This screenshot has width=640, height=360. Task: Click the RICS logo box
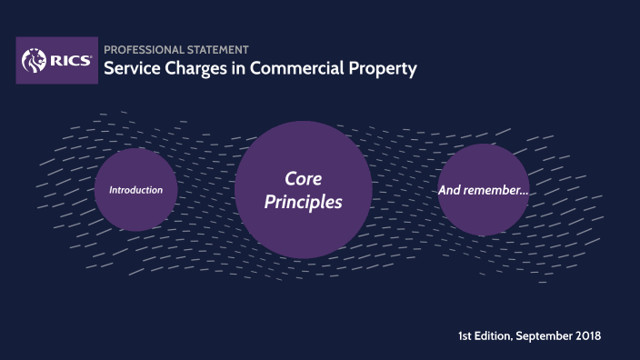coord(56,60)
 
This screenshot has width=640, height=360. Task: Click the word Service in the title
coord(126,68)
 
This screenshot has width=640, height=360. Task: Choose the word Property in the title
coord(380,68)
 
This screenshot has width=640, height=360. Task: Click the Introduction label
coord(135,190)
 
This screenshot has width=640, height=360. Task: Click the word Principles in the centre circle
coord(303,202)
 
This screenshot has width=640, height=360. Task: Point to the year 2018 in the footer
coord(587,336)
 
